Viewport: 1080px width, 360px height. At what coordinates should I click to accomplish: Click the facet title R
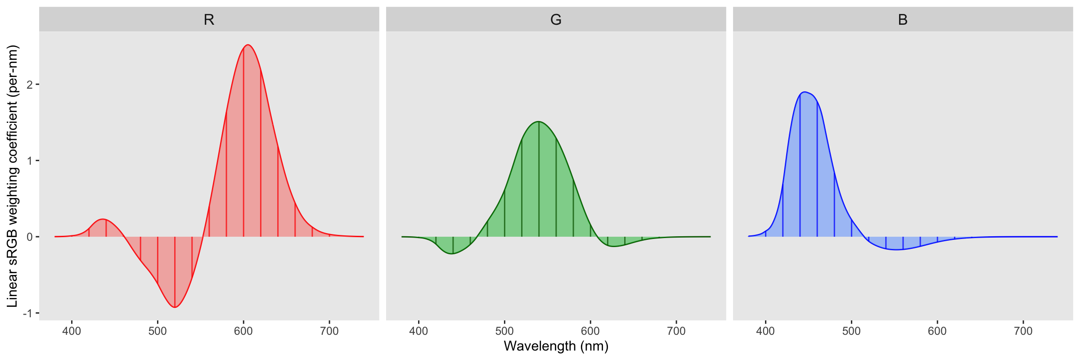(x=209, y=20)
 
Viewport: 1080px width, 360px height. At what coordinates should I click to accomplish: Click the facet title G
(x=556, y=20)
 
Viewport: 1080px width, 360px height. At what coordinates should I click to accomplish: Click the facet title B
(x=903, y=20)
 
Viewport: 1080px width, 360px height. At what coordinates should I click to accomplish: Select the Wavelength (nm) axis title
(x=556, y=346)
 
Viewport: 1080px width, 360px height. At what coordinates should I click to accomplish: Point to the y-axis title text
(x=13, y=176)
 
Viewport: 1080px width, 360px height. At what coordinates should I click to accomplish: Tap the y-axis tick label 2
(x=30, y=85)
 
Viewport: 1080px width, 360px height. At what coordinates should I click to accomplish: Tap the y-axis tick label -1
(x=28, y=313)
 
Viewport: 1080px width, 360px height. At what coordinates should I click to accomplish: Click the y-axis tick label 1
(x=30, y=161)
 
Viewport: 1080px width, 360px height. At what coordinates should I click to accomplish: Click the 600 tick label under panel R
(x=243, y=331)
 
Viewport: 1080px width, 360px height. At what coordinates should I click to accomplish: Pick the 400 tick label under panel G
(x=418, y=331)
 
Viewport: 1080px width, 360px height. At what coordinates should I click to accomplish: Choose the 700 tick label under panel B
(x=1023, y=331)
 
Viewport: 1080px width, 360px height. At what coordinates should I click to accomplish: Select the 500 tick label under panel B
(x=851, y=331)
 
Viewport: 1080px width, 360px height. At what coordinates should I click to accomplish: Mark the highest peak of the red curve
(x=248, y=45)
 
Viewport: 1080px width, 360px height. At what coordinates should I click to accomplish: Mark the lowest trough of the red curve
(x=175, y=307)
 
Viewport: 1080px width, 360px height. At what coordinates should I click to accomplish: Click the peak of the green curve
(x=538, y=121)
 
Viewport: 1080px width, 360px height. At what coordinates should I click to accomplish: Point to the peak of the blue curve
(x=804, y=92)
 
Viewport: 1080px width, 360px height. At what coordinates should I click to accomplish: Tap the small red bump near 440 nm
(x=103, y=219)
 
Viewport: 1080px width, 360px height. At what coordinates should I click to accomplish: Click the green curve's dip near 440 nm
(x=452, y=254)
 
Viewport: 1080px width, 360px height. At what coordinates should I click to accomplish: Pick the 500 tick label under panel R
(x=157, y=331)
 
